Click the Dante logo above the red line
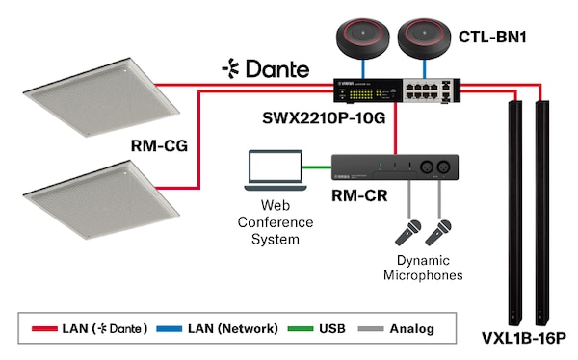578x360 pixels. pyautogui.click(x=265, y=68)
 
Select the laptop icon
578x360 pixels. pyautogui.click(x=274, y=171)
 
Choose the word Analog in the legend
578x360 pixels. pyautogui.click(x=411, y=328)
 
